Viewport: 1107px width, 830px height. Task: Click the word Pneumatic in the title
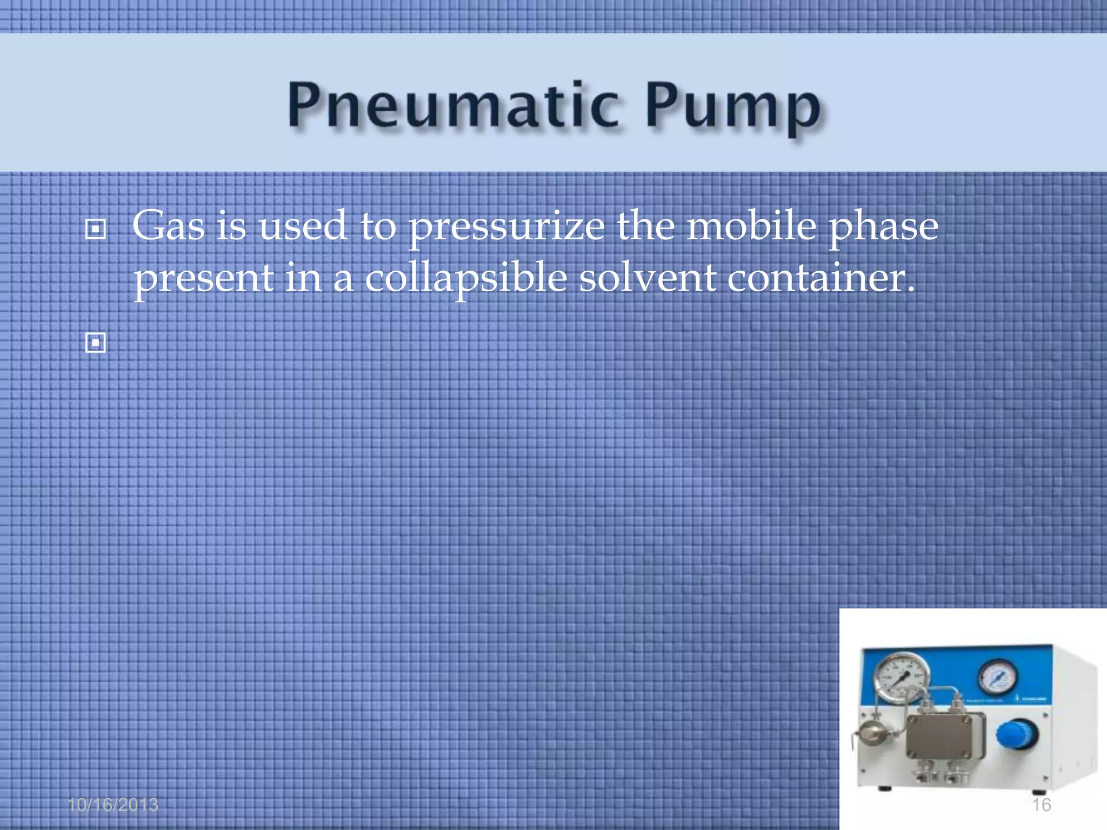pos(453,106)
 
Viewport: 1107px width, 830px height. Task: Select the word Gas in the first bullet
pos(168,226)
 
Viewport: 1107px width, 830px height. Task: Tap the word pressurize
pos(506,227)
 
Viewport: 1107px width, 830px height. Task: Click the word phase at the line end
pos(883,227)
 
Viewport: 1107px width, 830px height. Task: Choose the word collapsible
pos(465,279)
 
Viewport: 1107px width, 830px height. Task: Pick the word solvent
pos(648,279)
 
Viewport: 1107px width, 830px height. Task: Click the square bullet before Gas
pos(96,230)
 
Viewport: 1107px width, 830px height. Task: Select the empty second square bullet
pos(96,343)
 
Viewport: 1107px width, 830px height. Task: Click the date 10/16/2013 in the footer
pos(113,805)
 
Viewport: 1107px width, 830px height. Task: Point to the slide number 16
pos(1041,805)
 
